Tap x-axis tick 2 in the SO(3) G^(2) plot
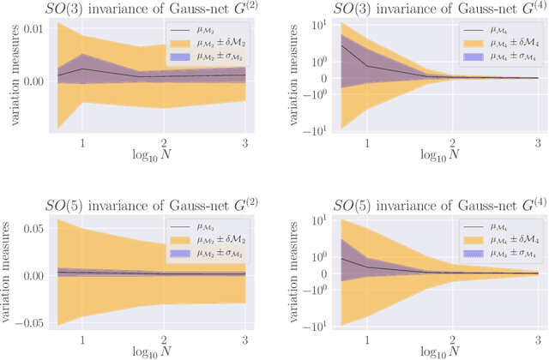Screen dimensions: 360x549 [163, 142]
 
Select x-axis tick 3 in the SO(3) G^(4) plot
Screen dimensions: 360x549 [537, 142]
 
